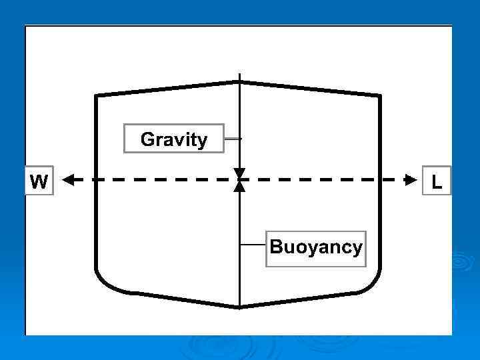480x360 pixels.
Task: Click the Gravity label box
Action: (173, 139)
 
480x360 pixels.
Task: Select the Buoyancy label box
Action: (316, 248)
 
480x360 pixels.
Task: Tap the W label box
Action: (39, 181)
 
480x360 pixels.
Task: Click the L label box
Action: (437, 181)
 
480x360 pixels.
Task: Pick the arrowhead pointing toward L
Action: (409, 179)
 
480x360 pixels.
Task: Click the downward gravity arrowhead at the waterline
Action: (239, 173)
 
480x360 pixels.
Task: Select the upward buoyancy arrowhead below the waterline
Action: (239, 186)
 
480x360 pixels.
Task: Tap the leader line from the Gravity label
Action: (233, 139)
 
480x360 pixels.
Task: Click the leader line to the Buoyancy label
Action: (253, 245)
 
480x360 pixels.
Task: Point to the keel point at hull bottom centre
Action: (239, 307)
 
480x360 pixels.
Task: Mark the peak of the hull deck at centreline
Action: (239, 82)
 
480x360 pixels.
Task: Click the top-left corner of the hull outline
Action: (97, 96)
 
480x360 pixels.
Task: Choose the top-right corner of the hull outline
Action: (380, 96)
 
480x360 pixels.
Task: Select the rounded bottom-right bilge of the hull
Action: (370, 283)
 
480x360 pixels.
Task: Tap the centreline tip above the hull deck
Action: (239, 73)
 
